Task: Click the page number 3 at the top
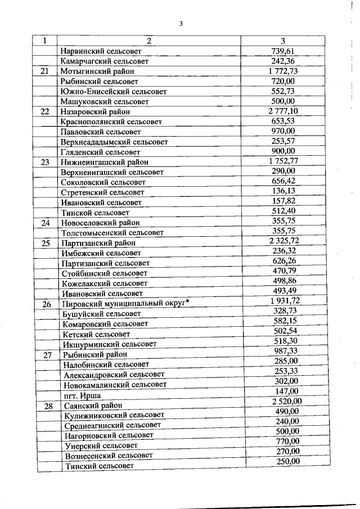point(181,23)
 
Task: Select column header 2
point(150,40)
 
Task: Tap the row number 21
point(46,71)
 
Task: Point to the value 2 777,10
point(283,111)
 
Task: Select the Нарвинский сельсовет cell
point(100,51)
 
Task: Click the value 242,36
point(283,61)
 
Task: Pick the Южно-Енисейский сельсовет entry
point(112,92)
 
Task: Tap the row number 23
point(46,162)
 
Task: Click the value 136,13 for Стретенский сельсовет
point(283,192)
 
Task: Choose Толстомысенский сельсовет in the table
point(112,232)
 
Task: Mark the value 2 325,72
point(283,242)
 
